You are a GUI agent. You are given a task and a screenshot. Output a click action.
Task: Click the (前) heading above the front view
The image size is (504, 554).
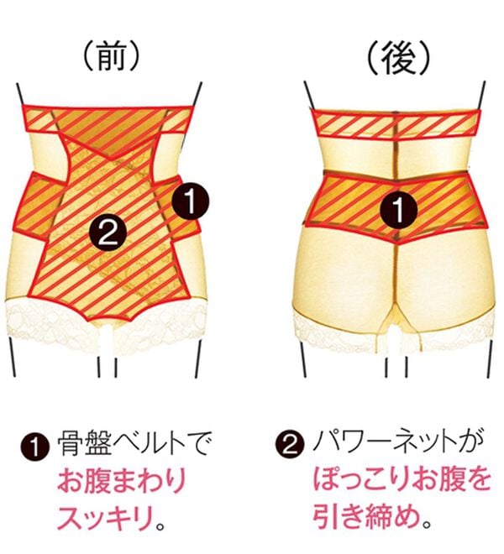(x=111, y=58)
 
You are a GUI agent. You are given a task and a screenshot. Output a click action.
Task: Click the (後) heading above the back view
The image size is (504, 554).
(x=399, y=59)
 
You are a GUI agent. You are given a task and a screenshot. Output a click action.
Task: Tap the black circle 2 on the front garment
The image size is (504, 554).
(x=108, y=233)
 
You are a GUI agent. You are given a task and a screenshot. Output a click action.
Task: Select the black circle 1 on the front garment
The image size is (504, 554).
(x=191, y=201)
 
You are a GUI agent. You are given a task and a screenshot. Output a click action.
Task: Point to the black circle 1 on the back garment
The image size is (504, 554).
(x=399, y=211)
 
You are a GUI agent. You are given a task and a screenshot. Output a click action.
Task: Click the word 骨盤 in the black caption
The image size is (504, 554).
(x=83, y=443)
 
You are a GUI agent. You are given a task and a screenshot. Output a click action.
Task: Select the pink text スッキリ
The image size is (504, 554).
(x=106, y=516)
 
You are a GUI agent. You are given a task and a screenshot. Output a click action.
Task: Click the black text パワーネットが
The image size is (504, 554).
(x=397, y=442)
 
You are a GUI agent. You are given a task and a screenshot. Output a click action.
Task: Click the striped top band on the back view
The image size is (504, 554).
(x=396, y=123)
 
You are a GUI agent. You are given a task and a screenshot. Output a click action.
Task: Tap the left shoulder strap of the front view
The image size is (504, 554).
(x=21, y=94)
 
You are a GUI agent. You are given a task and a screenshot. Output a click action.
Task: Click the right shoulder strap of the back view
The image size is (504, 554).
(x=482, y=96)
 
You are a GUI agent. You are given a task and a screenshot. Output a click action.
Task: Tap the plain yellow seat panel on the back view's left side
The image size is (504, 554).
(x=345, y=272)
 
